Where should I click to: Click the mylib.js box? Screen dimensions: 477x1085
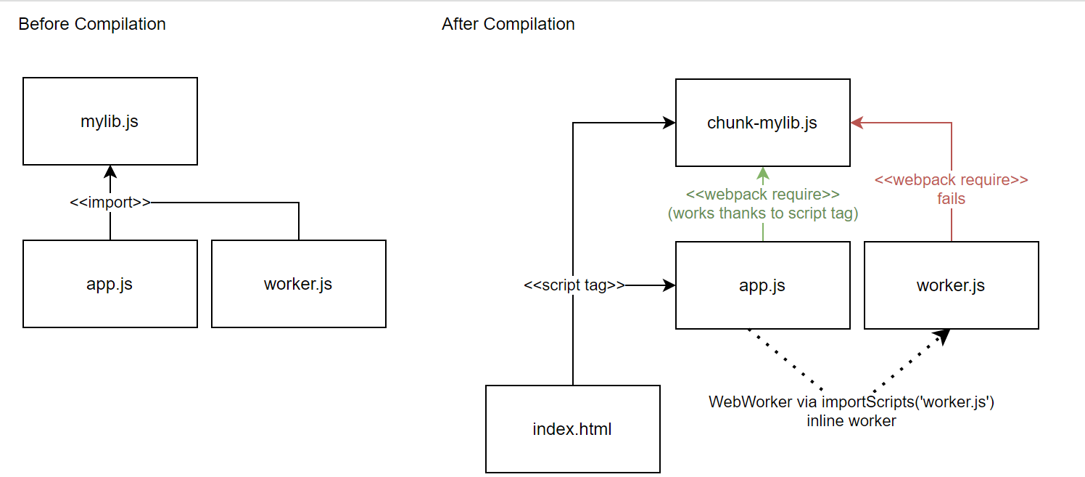pos(110,121)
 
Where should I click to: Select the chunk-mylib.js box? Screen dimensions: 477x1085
pos(762,123)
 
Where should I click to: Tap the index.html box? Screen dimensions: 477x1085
pos(572,429)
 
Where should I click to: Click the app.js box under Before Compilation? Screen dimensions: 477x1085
pos(110,284)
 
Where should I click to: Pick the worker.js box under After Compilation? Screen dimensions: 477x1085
pos(951,285)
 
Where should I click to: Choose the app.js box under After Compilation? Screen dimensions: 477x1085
pos(762,285)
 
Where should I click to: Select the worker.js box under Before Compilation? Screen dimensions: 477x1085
pos(298,284)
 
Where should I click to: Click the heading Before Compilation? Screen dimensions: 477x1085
pos(92,24)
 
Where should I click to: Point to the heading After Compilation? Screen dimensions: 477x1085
pos(508,24)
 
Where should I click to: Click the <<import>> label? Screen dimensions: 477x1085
pos(110,203)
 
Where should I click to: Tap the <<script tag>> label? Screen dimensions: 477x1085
pos(574,285)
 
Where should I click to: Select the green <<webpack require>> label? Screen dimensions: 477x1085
pos(762,195)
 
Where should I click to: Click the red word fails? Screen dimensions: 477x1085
pos(951,198)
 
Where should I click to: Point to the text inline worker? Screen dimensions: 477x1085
pos(851,420)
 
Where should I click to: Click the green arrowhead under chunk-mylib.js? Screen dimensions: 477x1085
pos(763,174)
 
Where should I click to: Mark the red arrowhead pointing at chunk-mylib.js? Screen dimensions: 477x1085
pos(857,123)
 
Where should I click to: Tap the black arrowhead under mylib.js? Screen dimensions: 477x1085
pos(110,172)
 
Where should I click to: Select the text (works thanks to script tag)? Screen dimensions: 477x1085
pos(762,213)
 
